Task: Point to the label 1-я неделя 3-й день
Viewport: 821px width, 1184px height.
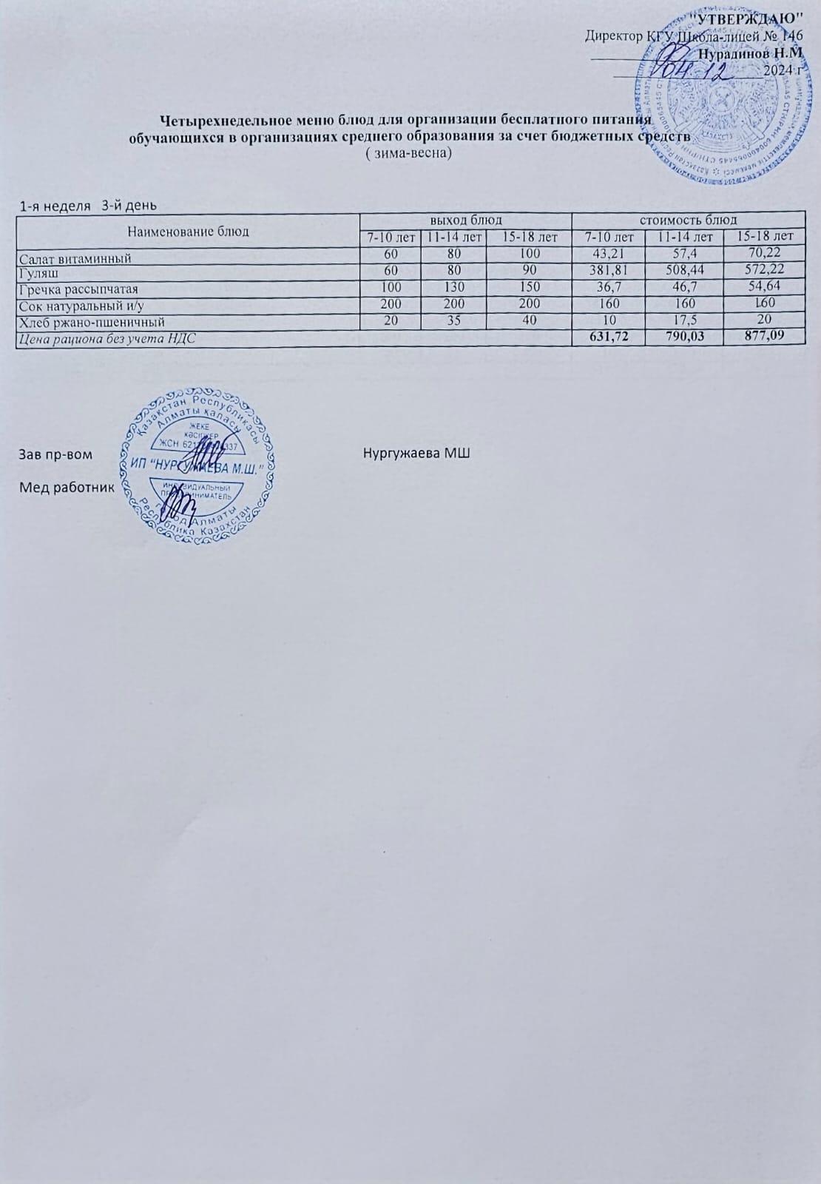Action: coord(88,205)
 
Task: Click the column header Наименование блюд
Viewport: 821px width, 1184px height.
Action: coord(188,231)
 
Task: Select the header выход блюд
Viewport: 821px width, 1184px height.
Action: coord(466,220)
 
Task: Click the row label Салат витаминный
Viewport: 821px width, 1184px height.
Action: coord(75,258)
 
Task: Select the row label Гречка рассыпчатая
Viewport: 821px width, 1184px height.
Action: coord(79,289)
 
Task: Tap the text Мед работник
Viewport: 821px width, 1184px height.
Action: coord(67,487)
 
